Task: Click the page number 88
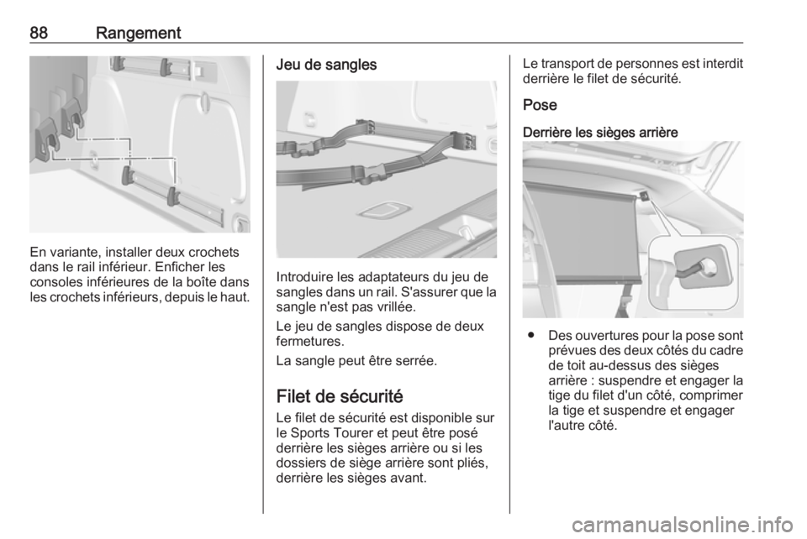click(39, 33)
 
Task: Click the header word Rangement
click(139, 34)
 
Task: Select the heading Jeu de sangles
click(326, 65)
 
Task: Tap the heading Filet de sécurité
click(340, 396)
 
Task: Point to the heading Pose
click(540, 105)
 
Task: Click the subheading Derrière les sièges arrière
click(600, 132)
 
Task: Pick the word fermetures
click(309, 341)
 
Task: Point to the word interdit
click(722, 64)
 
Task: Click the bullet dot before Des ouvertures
click(530, 336)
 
